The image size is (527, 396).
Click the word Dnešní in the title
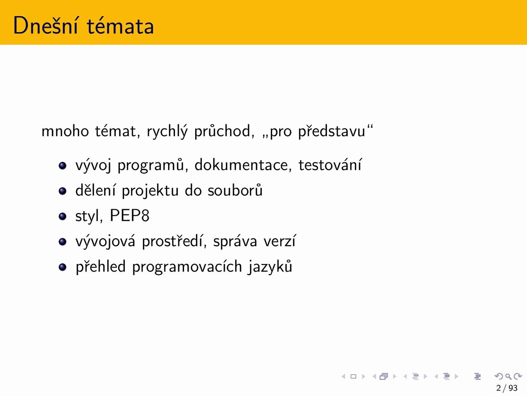pyautogui.click(x=46, y=25)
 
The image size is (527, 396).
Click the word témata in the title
pyautogui.click(x=120, y=26)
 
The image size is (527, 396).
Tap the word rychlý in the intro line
pyautogui.click(x=167, y=132)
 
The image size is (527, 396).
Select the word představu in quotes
pyautogui.click(x=331, y=131)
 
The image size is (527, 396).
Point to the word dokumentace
pyautogui.click(x=243, y=165)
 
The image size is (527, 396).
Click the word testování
pyautogui.click(x=330, y=165)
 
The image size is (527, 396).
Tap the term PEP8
pyautogui.click(x=130, y=215)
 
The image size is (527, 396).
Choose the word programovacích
pyautogui.click(x=187, y=266)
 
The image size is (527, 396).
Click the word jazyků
pyautogui.click(x=270, y=266)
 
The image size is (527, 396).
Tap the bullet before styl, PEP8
pyautogui.click(x=63, y=216)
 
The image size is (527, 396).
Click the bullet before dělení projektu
pyautogui.click(x=63, y=191)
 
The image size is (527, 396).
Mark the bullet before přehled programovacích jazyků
pyautogui.click(x=63, y=267)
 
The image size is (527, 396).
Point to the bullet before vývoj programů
pyautogui.click(x=63, y=165)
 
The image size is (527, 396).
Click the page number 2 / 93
pyautogui.click(x=506, y=388)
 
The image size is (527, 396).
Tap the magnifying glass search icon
pyautogui.click(x=508, y=376)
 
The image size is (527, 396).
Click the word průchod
pyautogui.click(x=224, y=131)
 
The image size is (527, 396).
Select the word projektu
pyautogui.click(x=150, y=191)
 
